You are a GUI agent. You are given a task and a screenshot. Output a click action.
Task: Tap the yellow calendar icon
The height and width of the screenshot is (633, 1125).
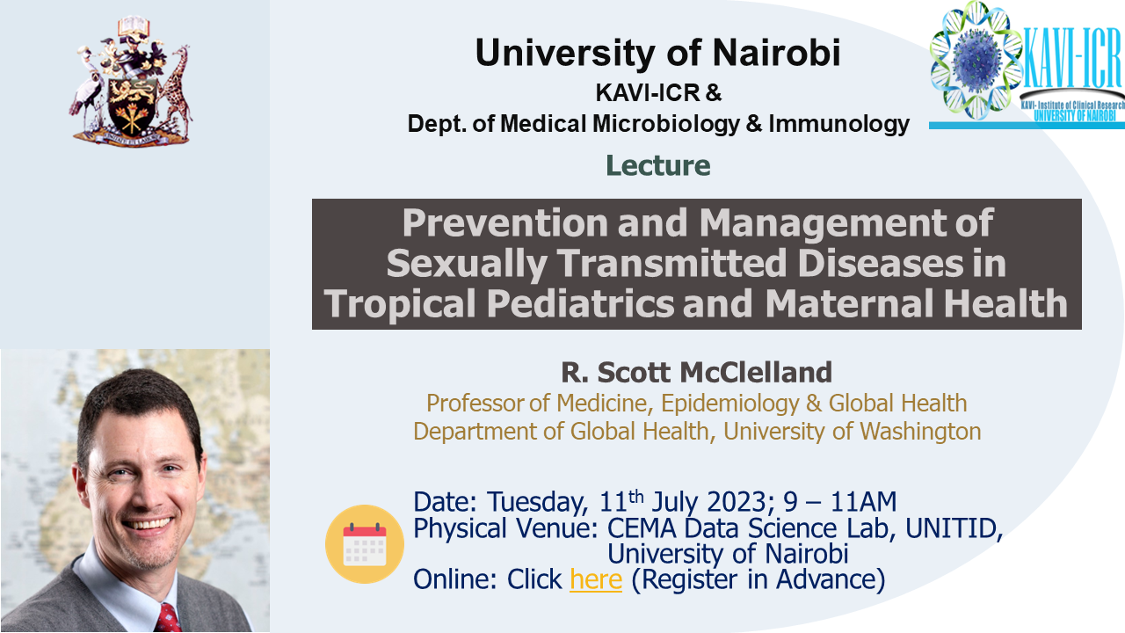point(364,544)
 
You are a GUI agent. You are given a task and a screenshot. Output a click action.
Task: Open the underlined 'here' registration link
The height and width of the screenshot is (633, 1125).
point(595,579)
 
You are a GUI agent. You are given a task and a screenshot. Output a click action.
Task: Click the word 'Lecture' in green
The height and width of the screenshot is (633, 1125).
point(657,165)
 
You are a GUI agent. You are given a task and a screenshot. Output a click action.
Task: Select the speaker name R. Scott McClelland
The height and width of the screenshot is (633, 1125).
point(696,373)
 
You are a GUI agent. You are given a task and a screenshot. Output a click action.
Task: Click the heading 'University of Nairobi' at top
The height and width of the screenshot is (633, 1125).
point(657,53)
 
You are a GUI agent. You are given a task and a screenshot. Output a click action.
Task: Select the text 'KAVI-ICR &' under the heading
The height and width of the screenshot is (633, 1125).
point(657,91)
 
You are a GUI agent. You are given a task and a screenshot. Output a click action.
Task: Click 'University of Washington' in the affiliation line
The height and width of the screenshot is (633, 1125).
point(852,432)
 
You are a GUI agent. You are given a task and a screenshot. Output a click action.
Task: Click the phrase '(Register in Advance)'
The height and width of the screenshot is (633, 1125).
point(758,579)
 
